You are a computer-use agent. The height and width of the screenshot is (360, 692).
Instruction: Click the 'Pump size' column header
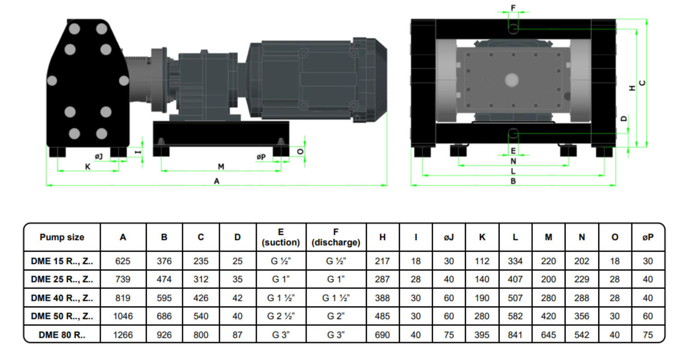[x=62, y=237]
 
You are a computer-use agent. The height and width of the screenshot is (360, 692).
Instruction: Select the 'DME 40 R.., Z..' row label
[x=62, y=298]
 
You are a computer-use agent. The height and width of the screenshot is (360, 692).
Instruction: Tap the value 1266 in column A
[x=123, y=335]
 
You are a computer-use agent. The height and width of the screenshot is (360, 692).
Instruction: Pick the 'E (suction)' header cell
[x=281, y=237]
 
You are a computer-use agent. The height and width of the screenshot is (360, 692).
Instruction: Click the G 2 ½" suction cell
[x=281, y=316]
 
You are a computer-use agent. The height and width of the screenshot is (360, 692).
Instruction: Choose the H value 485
[x=382, y=316]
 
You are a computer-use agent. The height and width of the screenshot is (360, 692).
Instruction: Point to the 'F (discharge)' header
[x=336, y=237]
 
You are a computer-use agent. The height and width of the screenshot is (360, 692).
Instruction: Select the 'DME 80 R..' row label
[x=62, y=335]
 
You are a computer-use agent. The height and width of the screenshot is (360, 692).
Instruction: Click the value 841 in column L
[x=515, y=335]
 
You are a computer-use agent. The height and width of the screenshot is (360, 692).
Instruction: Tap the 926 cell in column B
[x=164, y=335]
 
